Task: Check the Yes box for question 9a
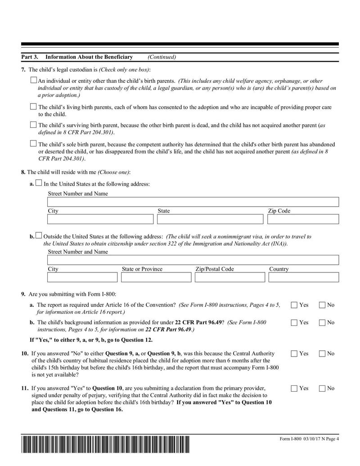(x=294, y=305)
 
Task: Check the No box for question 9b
(x=322, y=322)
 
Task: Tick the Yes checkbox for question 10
(x=294, y=354)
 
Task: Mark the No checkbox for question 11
(x=322, y=388)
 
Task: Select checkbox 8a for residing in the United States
(x=39, y=183)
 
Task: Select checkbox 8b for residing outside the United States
(x=39, y=235)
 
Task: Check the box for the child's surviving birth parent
(x=33, y=125)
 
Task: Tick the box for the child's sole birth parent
(x=33, y=144)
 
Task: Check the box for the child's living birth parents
(x=33, y=107)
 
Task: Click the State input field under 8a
(x=210, y=219)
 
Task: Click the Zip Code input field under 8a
(x=303, y=219)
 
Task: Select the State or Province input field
(x=156, y=277)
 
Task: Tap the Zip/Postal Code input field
(x=230, y=277)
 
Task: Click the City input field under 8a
(x=100, y=219)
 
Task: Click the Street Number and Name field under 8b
(x=193, y=260)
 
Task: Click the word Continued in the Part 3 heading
(x=162, y=57)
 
